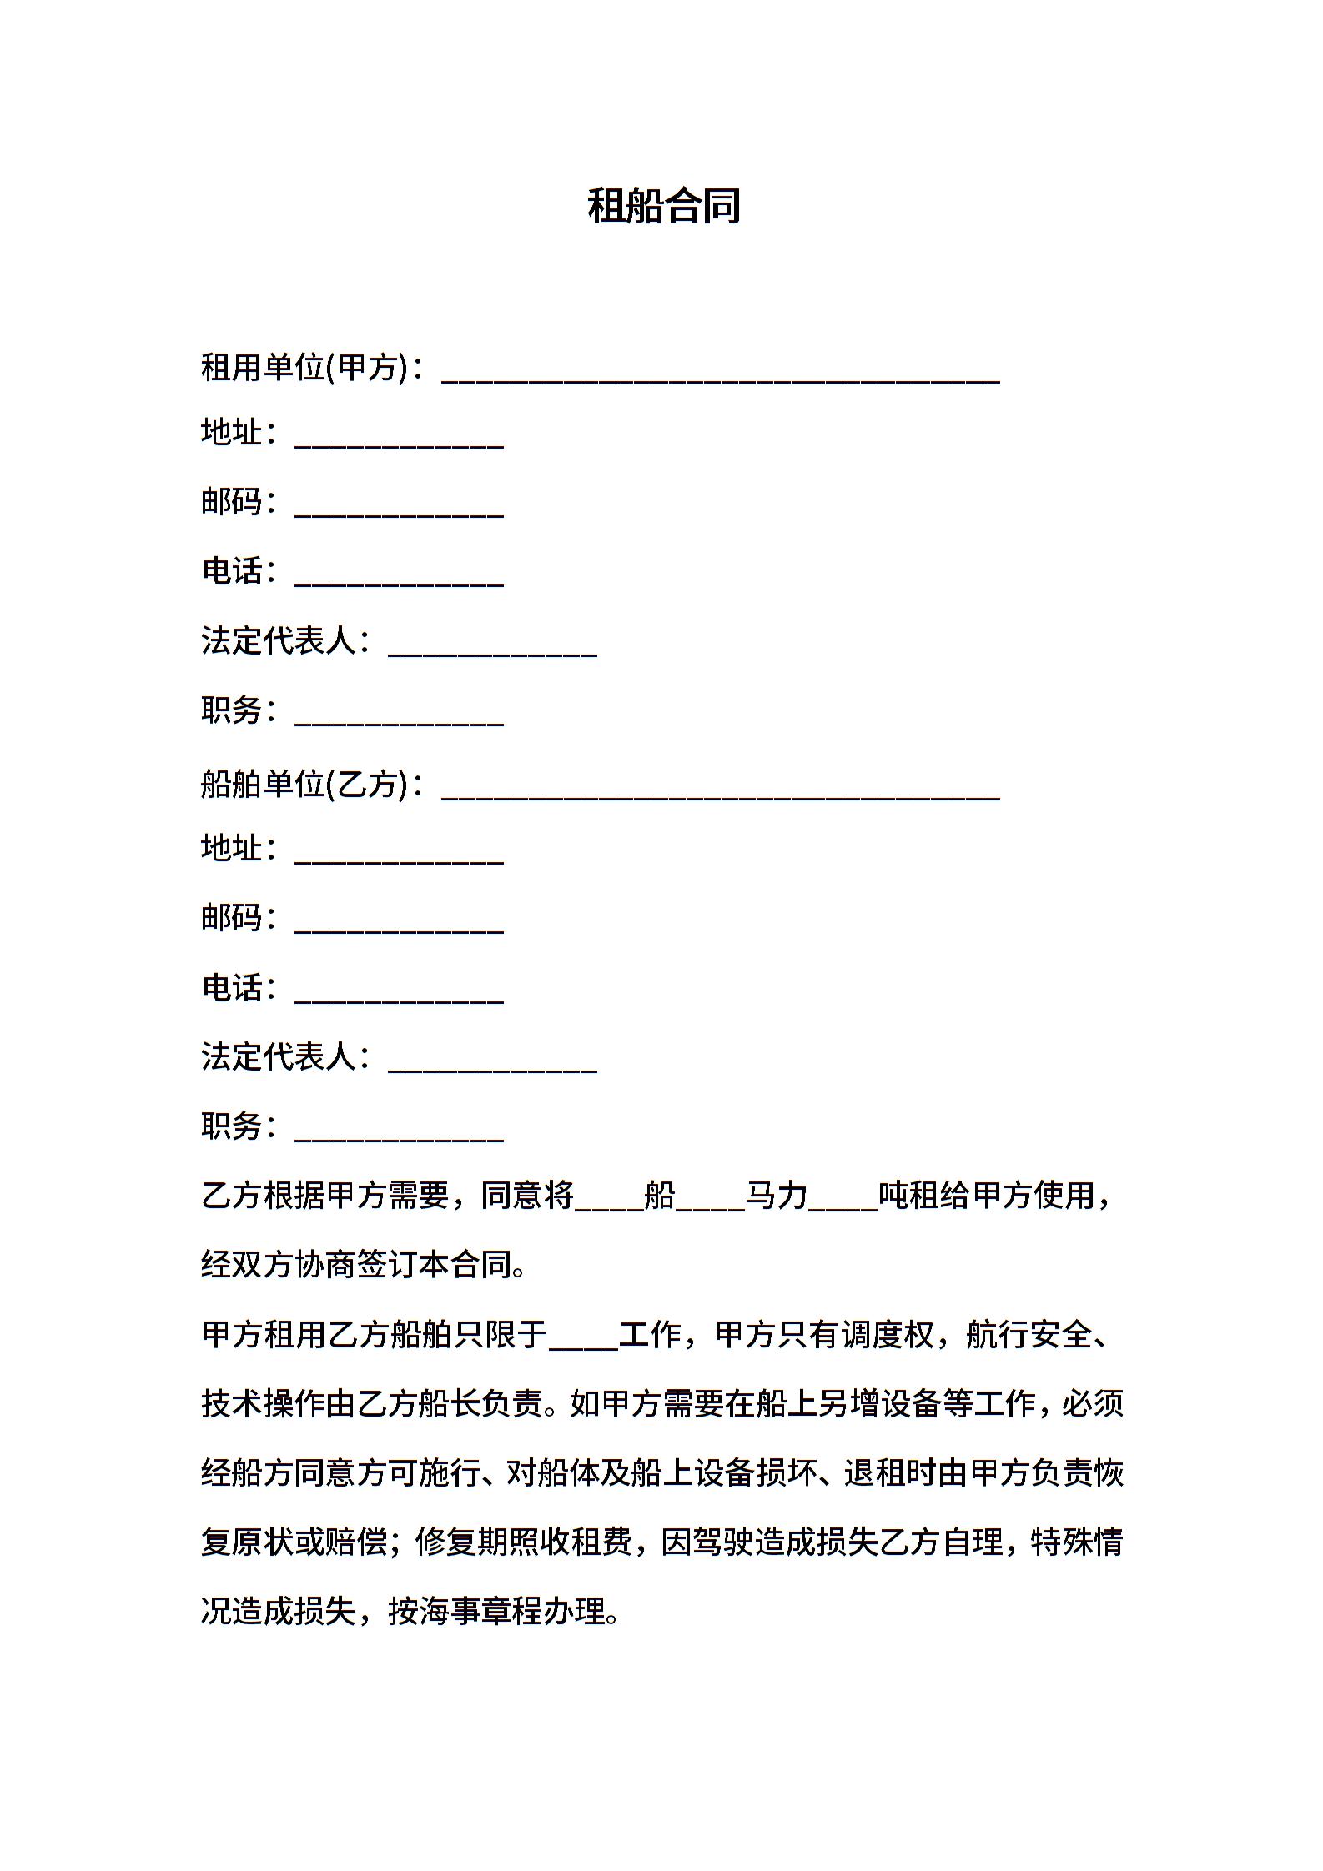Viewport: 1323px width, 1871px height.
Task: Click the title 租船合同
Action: click(664, 205)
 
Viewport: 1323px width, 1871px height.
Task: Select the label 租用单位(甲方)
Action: click(304, 367)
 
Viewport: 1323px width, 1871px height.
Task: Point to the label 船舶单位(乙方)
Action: click(304, 783)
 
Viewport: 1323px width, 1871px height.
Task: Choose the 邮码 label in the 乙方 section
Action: click(232, 917)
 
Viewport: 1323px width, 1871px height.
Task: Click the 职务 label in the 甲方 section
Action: click(232, 710)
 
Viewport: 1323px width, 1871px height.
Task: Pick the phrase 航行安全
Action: click(1029, 1335)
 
